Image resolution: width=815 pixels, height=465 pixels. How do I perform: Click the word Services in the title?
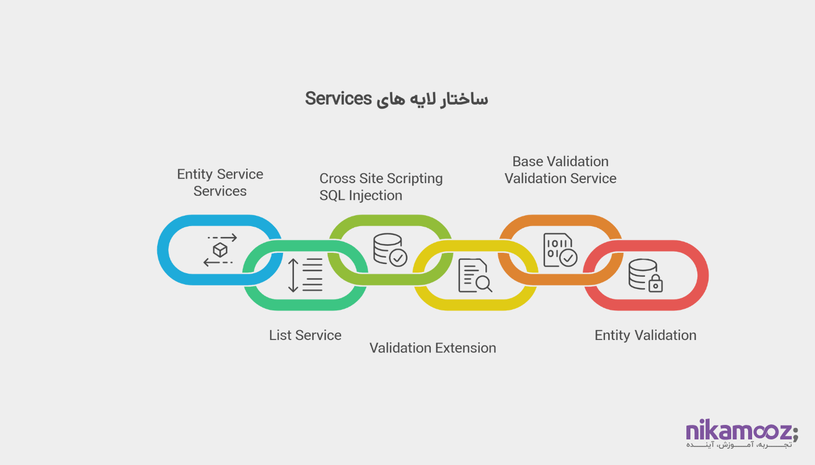(338, 99)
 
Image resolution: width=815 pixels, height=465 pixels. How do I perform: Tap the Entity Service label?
(220, 174)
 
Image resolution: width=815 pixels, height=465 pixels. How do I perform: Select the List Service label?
(305, 335)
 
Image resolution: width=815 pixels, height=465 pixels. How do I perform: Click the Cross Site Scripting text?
(381, 178)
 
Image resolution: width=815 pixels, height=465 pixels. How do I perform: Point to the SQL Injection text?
(361, 195)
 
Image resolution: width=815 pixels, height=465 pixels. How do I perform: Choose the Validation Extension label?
(433, 348)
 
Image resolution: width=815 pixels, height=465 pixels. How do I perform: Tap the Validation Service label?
(561, 178)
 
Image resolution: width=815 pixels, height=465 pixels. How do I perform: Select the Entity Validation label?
(645, 335)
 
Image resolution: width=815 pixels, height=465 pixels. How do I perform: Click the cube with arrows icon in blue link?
(220, 250)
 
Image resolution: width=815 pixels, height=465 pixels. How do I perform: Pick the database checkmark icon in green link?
(390, 250)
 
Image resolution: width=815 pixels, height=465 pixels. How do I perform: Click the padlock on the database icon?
(656, 284)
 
